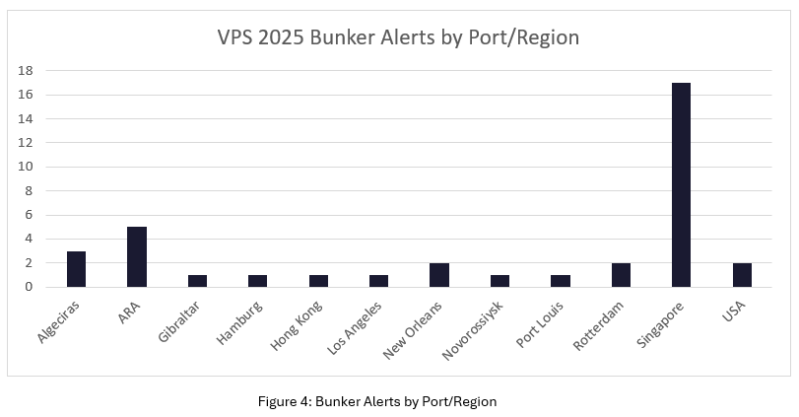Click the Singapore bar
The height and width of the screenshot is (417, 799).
point(681,185)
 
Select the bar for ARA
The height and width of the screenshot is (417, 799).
point(137,257)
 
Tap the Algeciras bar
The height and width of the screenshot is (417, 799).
point(76,269)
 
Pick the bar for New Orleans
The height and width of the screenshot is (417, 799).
point(439,275)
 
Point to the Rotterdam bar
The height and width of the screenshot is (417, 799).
point(621,275)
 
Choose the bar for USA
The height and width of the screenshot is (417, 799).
point(742,275)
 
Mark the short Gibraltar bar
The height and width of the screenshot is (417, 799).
point(197,281)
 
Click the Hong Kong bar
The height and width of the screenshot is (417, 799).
point(318,281)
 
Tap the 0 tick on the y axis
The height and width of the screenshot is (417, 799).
point(31,287)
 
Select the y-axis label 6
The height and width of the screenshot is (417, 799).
point(31,215)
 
